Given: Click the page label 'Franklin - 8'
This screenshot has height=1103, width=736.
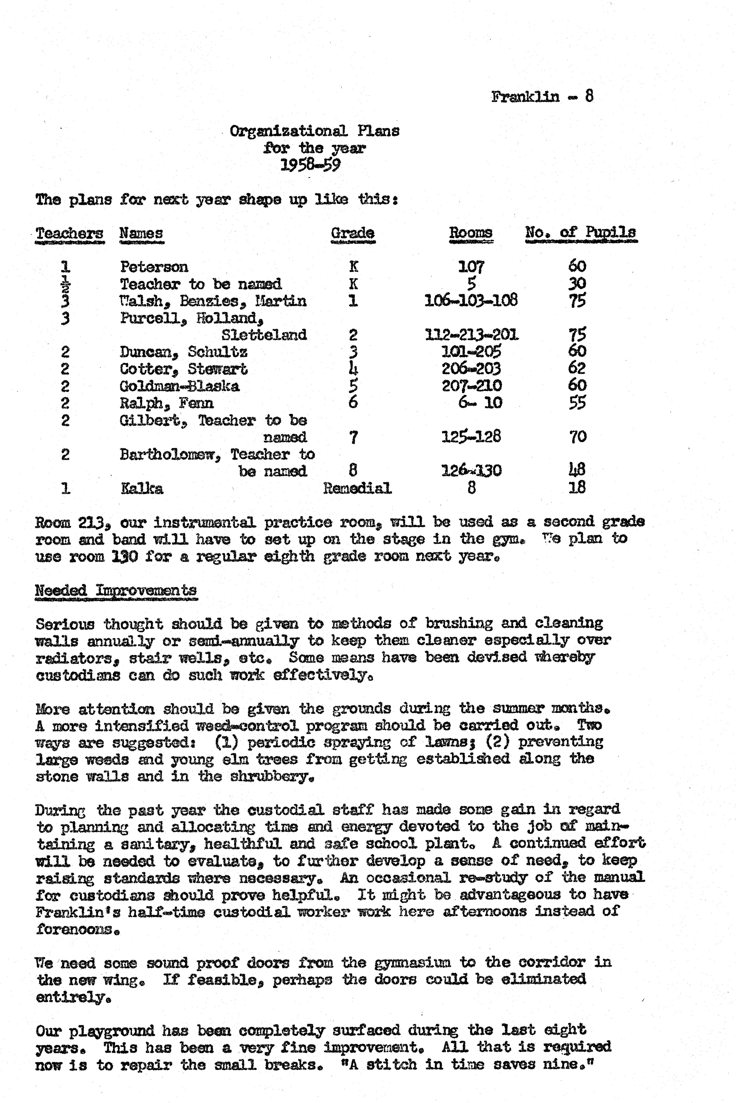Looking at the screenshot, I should (x=542, y=97).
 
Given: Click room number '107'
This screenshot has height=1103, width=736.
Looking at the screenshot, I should (x=471, y=267).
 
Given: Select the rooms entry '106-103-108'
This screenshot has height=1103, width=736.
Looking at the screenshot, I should (x=471, y=300).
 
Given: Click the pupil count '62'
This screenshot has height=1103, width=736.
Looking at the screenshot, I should (x=577, y=369).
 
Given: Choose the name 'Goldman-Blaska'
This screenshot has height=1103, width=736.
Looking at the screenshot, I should (x=179, y=386).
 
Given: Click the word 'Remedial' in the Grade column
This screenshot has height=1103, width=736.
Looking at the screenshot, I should (x=357, y=488).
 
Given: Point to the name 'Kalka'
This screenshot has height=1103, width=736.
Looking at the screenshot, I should (x=142, y=488).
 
